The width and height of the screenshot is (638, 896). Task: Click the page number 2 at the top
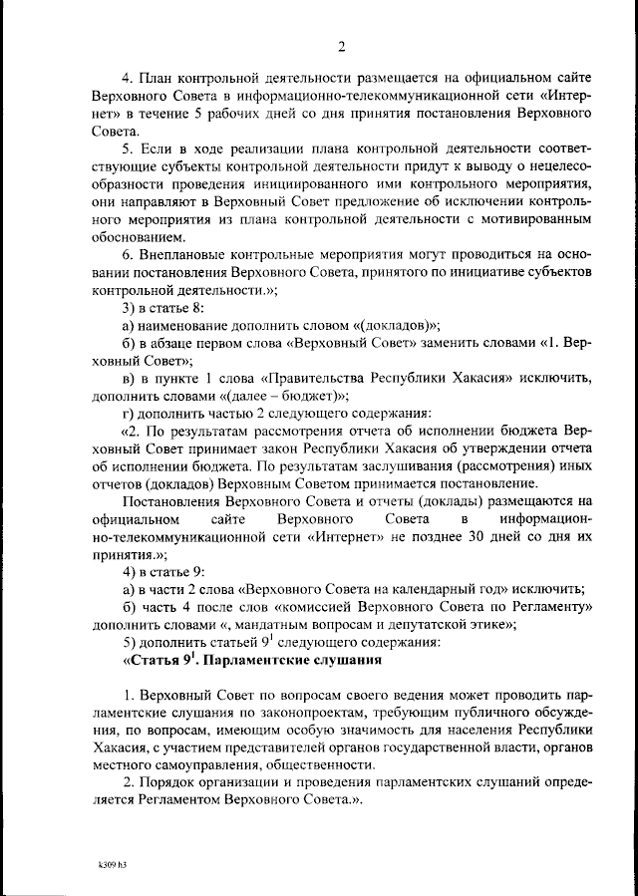click(341, 47)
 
